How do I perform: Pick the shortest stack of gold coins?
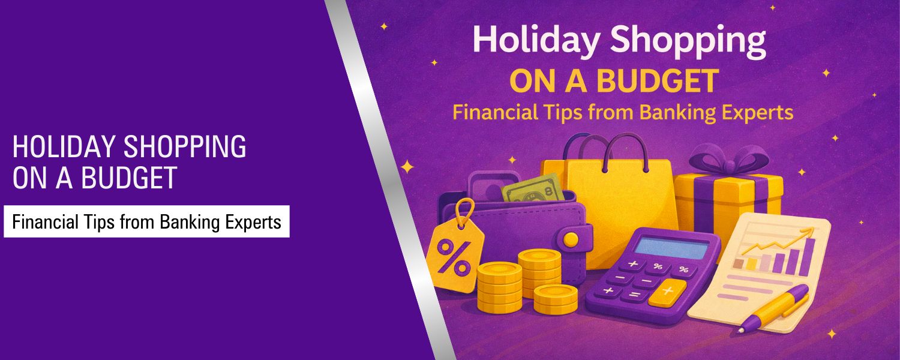(x=555, y=298)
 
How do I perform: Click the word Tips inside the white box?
(x=99, y=222)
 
